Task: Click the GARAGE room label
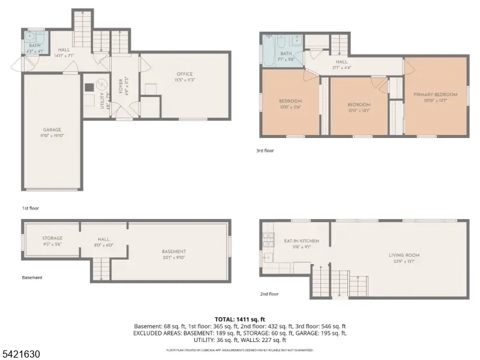click(x=52, y=130)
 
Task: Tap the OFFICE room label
click(x=184, y=74)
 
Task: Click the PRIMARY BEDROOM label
click(x=436, y=95)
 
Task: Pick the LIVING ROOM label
click(x=404, y=255)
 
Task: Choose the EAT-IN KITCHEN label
click(x=301, y=241)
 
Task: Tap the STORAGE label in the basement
click(x=52, y=238)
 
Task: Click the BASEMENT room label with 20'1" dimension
click(x=174, y=251)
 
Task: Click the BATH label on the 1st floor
click(x=31, y=44)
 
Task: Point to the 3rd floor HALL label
click(x=341, y=62)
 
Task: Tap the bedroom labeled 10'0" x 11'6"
click(x=290, y=101)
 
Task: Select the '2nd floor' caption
click(x=269, y=295)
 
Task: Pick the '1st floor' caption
click(x=31, y=208)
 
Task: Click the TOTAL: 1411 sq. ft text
click(x=239, y=319)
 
